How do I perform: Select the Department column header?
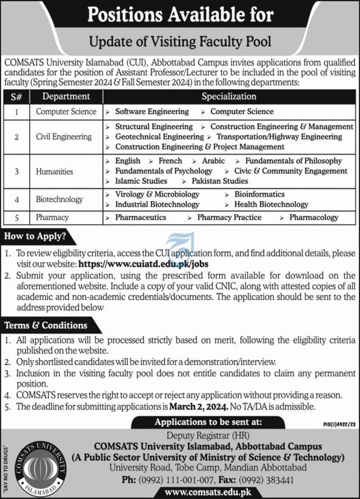tap(65, 96)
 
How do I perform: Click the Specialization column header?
tap(228, 96)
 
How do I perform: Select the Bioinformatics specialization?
tap(259, 194)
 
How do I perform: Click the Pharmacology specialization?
tap(313, 217)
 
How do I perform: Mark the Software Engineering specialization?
tap(152, 112)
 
